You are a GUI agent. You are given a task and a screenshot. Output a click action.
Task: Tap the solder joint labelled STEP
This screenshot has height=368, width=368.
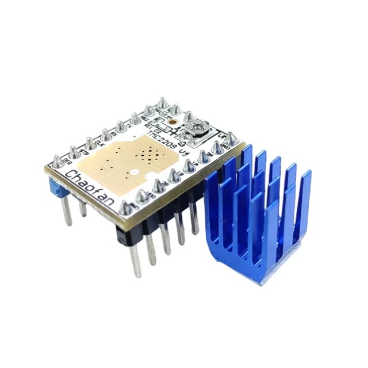pos(74,151)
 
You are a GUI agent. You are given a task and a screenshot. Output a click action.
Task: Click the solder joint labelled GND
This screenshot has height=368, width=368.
pos(228,138)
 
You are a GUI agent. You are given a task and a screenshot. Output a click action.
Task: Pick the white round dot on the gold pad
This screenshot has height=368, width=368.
pos(133,171)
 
